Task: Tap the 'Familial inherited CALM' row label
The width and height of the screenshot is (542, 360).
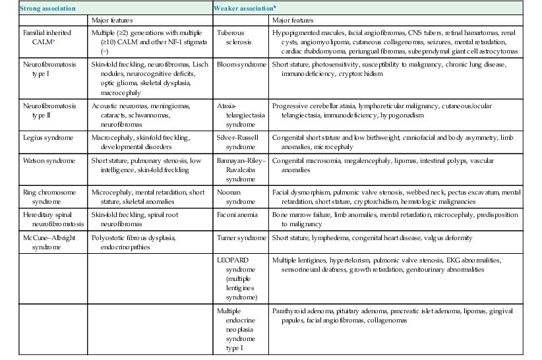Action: [42, 37]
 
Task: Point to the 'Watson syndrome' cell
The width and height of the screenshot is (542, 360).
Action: [44, 160]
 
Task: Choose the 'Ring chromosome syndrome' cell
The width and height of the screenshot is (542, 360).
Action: [43, 195]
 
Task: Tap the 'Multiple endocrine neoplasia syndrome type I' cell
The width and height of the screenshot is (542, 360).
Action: [233, 324]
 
